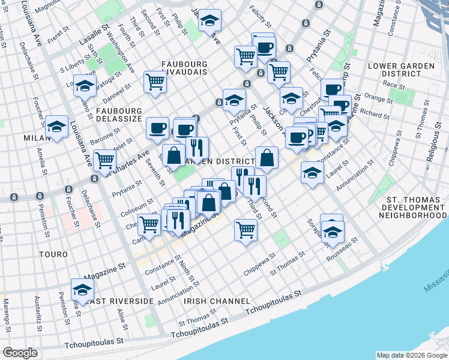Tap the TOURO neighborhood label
tap(53, 254)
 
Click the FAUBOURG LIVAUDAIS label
tap(185, 67)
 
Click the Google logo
tap(20, 353)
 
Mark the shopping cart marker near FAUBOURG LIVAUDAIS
tap(155, 82)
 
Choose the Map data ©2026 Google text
tap(411, 355)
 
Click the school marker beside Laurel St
tap(312, 173)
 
